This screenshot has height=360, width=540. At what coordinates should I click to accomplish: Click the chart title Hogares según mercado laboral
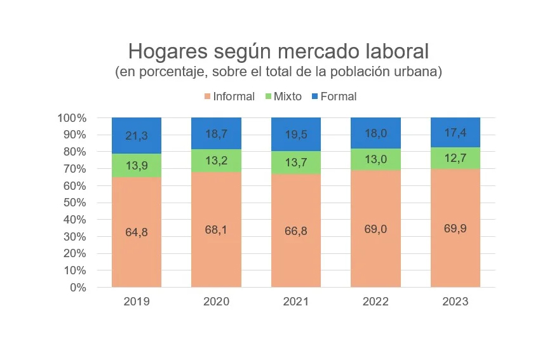pyautogui.click(x=278, y=51)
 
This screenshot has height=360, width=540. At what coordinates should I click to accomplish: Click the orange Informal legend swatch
pyautogui.click(x=207, y=97)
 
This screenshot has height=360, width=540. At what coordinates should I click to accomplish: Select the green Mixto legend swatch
pyautogui.click(x=268, y=97)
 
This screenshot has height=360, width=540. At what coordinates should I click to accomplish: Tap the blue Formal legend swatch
pyautogui.click(x=314, y=97)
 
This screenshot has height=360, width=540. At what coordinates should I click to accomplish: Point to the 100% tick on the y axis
pyautogui.click(x=72, y=118)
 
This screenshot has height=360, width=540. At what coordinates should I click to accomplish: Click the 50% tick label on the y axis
pyautogui.click(x=75, y=203)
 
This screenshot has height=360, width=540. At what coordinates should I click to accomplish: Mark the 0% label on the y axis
pyautogui.click(x=78, y=288)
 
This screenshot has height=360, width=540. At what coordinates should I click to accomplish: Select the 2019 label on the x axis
pyautogui.click(x=137, y=302)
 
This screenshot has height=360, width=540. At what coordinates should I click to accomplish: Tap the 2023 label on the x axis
pyautogui.click(x=456, y=302)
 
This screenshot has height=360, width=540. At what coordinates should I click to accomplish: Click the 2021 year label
pyautogui.click(x=296, y=302)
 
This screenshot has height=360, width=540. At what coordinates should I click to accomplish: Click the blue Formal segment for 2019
pyautogui.click(x=137, y=136)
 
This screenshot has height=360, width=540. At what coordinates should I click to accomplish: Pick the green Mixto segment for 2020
pyautogui.click(x=216, y=161)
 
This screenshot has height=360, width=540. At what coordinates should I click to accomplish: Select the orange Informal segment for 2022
pyautogui.click(x=375, y=229)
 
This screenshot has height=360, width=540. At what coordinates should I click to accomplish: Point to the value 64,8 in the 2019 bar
pyautogui.click(x=137, y=232)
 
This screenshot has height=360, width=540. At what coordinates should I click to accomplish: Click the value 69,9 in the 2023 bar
pyautogui.click(x=456, y=228)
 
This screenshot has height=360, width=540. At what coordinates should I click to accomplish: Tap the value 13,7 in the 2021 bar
pyautogui.click(x=296, y=163)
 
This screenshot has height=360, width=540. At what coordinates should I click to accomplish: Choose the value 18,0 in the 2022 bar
pyautogui.click(x=375, y=133)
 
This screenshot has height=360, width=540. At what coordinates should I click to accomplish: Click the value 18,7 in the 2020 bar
pyautogui.click(x=216, y=133)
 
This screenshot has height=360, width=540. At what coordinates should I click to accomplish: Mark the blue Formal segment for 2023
pyautogui.click(x=456, y=133)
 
